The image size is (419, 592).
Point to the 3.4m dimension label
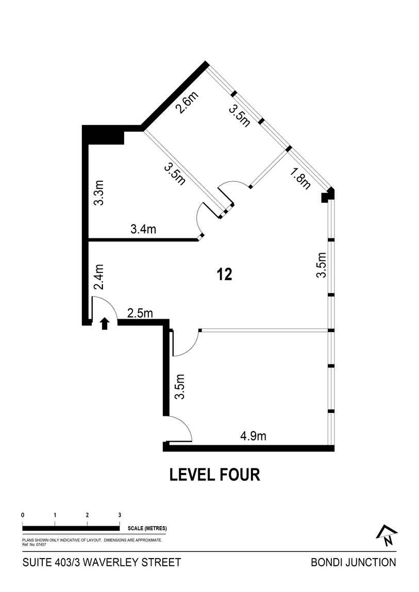[143, 230]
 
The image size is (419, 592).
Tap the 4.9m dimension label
[253, 437]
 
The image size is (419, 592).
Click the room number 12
[225, 274]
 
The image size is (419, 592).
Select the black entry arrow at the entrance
[105, 323]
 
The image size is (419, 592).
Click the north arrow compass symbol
[387, 536]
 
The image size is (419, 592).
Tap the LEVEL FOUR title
[215, 475]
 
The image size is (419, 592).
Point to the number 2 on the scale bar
[87, 515]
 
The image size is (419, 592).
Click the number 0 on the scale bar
[23, 515]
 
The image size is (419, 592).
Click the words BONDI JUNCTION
[354, 562]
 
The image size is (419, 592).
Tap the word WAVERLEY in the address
[114, 562]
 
